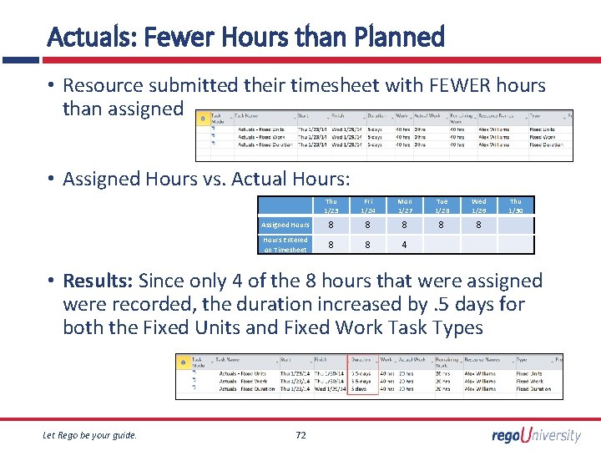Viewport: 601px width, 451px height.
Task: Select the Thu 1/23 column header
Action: click(331, 205)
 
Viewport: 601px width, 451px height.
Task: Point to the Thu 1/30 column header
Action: click(515, 205)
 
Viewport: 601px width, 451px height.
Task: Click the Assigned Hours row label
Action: click(285, 225)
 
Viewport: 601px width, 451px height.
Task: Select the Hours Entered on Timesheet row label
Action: click(285, 244)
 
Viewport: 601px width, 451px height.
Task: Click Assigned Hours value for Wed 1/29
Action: click(478, 225)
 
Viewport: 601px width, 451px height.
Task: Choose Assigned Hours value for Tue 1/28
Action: click(442, 225)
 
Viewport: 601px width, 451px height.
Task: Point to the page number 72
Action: click(301, 434)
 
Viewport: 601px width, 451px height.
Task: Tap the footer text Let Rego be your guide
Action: click(89, 434)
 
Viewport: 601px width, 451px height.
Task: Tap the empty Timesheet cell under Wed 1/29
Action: click(478, 245)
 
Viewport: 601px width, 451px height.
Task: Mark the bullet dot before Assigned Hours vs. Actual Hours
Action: click(51, 179)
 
